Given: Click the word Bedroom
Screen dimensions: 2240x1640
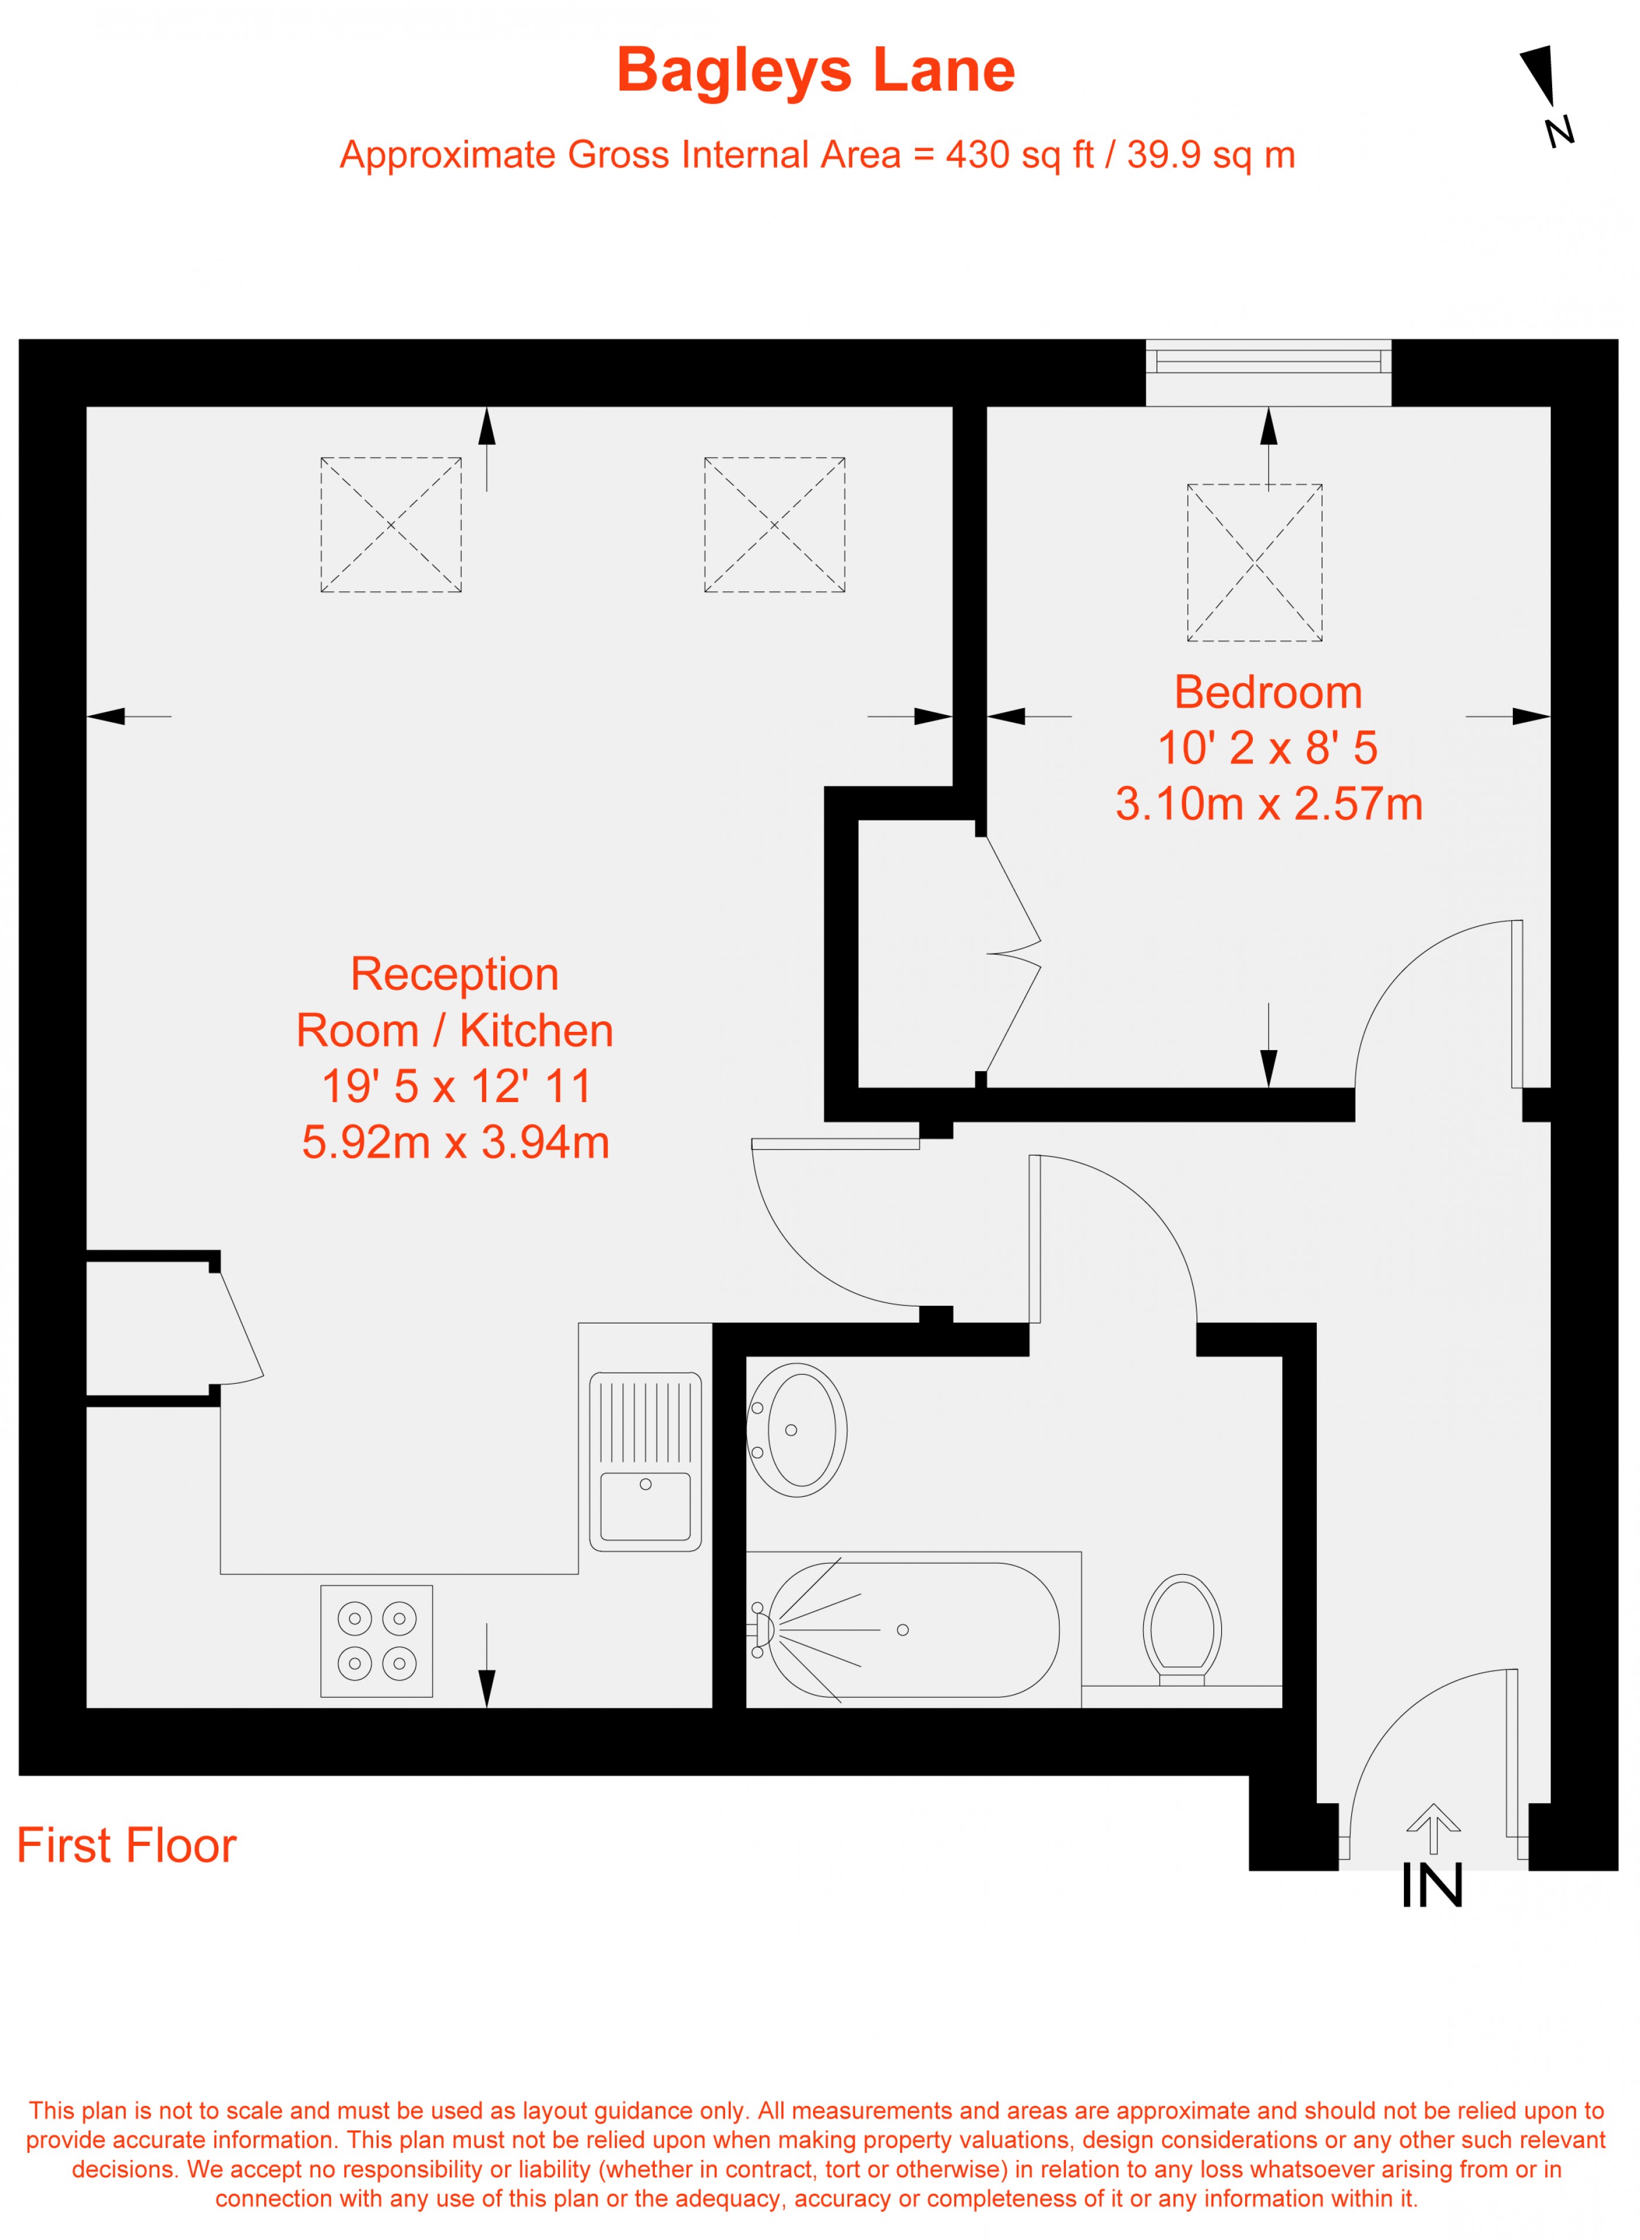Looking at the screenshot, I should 1267,693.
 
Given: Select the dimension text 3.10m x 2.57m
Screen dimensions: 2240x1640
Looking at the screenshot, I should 1267,804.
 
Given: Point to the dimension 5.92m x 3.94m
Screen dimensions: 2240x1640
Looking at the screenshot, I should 456,1143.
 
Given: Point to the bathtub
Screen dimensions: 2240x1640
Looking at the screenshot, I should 913,1630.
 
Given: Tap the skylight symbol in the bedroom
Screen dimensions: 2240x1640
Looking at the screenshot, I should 1254,563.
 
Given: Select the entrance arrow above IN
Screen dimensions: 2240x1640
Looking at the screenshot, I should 1433,1828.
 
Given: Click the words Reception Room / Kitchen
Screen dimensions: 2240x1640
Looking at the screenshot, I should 455,1003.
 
